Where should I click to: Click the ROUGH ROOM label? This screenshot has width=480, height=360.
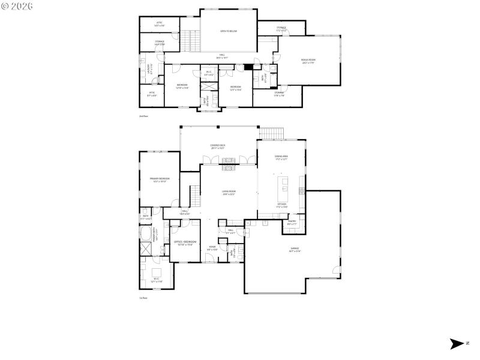coord(308,61)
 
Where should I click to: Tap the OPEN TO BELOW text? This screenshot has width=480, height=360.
coord(229,31)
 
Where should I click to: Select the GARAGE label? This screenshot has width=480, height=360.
coord(295,249)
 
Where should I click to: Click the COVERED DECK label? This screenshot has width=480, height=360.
coord(218,146)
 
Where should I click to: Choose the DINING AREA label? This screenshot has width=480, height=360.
coord(281,158)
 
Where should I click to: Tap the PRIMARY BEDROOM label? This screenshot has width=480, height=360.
coord(160,179)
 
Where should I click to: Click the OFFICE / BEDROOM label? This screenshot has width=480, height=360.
coord(183,243)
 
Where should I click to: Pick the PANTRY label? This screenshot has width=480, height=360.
coord(292,223)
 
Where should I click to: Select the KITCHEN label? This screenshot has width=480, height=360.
coord(281,205)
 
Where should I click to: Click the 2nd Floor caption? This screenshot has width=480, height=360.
coord(143,116)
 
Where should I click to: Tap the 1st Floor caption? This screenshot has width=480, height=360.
coord(143,298)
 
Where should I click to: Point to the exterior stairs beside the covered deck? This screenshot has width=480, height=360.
coord(271,133)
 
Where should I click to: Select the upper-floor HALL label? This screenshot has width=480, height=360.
coord(221,56)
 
